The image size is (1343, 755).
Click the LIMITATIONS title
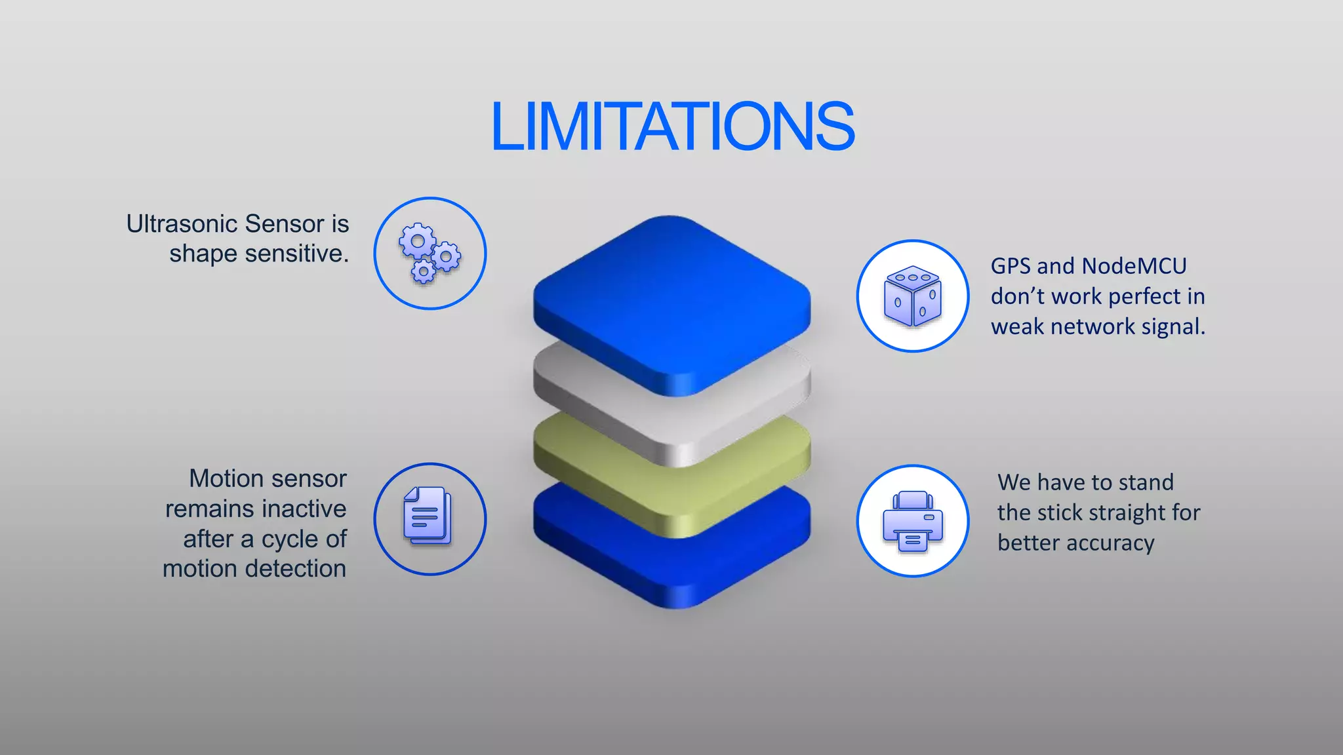click(x=672, y=126)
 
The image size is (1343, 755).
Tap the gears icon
click(x=430, y=254)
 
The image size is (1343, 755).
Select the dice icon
click(x=912, y=296)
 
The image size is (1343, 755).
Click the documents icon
click(x=428, y=516)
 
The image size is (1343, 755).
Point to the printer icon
click(x=912, y=521)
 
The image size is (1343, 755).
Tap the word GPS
click(x=1011, y=266)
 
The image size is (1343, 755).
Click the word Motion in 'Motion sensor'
click(x=227, y=479)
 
